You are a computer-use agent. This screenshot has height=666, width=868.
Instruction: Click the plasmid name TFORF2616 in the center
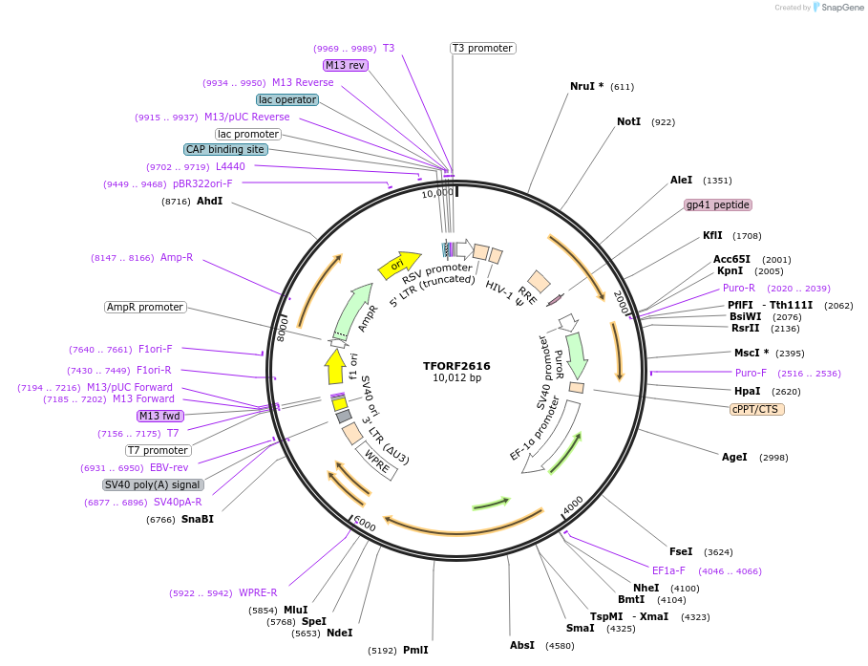(456, 365)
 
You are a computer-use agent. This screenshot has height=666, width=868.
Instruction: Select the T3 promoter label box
(482, 48)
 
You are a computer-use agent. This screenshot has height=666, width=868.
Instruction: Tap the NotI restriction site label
(628, 122)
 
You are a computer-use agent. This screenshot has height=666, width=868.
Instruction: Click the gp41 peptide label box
(718, 204)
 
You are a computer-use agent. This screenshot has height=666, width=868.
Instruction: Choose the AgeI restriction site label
(734, 458)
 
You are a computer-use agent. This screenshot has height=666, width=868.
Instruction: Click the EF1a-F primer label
(668, 570)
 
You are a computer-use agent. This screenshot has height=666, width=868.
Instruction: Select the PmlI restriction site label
(415, 650)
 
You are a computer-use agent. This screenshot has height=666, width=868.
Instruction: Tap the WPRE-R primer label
(258, 592)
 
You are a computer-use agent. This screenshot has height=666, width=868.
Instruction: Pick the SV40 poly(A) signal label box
(153, 484)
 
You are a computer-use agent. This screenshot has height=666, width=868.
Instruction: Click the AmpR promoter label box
(145, 307)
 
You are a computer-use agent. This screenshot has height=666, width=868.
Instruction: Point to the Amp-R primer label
(177, 257)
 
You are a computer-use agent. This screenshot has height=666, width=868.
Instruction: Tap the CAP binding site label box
(225, 149)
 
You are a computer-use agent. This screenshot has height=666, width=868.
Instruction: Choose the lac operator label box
(286, 99)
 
